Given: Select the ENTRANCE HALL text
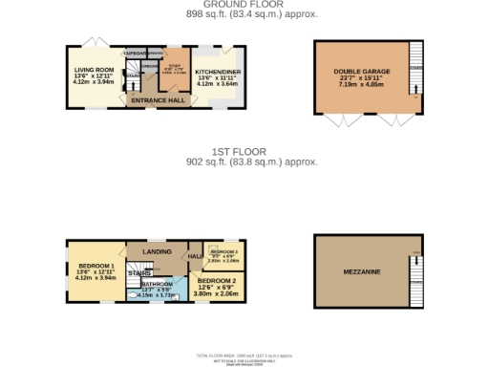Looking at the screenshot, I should [x=158, y=99].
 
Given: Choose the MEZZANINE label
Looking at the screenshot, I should [x=362, y=272].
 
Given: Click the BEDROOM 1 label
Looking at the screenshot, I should [x=96, y=265].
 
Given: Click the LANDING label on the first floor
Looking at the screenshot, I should [x=157, y=251].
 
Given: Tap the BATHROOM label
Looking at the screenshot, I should [x=158, y=284].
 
